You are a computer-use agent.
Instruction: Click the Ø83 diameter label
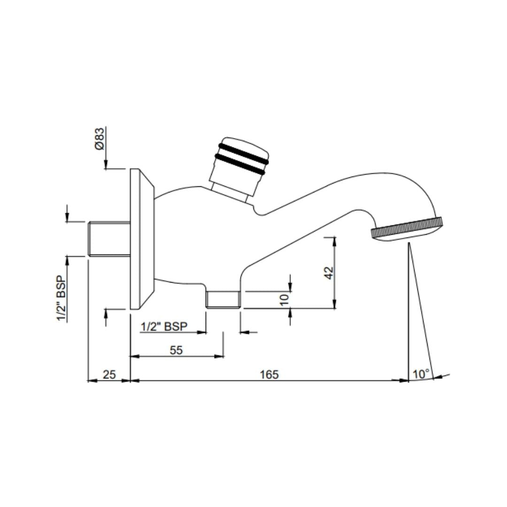(100, 139)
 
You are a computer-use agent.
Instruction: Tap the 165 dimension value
(269, 375)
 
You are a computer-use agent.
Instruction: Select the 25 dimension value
(109, 375)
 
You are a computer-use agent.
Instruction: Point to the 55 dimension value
(176, 350)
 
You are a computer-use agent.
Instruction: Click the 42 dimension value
(329, 273)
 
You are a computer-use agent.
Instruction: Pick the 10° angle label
(422, 374)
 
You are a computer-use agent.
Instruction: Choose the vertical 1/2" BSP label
(61, 299)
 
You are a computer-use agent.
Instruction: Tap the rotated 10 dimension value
(284, 300)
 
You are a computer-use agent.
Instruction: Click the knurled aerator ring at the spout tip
(407, 229)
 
